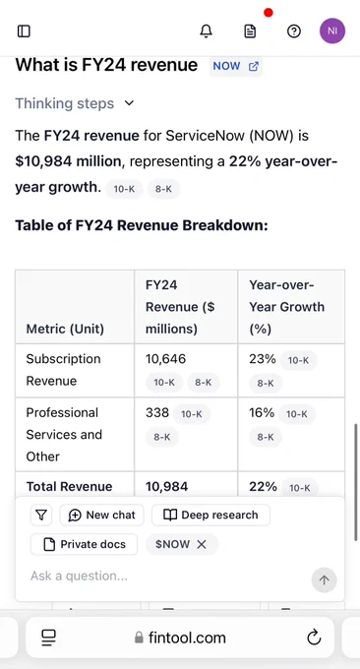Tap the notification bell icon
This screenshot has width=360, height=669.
click(206, 31)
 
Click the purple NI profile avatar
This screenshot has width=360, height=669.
click(332, 31)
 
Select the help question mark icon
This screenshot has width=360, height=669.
click(294, 31)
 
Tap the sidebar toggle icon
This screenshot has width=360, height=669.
click(24, 31)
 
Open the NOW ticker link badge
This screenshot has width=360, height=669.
click(235, 66)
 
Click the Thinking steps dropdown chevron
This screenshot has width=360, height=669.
click(130, 103)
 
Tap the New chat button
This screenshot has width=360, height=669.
click(101, 515)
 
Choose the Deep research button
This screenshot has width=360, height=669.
click(210, 515)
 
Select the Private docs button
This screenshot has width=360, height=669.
click(84, 544)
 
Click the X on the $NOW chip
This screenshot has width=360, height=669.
click(202, 544)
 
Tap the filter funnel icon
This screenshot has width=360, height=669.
click(41, 515)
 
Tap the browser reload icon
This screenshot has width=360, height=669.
click(314, 638)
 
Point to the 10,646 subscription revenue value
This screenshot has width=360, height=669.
click(165, 359)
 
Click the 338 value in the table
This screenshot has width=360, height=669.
click(157, 412)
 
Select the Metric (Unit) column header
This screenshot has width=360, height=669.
click(65, 329)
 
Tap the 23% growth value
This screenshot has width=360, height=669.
click(263, 359)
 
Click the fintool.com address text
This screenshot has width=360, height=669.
click(187, 638)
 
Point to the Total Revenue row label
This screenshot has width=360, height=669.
click(69, 486)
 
